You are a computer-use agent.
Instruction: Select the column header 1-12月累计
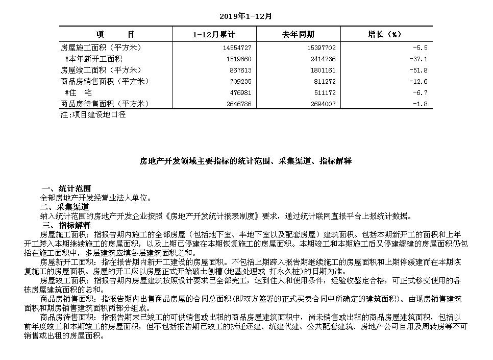[x=214, y=35]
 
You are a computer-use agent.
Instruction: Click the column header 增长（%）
[x=385, y=35]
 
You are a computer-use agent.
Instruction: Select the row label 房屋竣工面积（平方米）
[x=101, y=70]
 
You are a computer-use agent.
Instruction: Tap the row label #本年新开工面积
[x=93, y=59]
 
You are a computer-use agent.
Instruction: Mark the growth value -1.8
[x=421, y=104]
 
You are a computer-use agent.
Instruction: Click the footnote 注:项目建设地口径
[x=93, y=115]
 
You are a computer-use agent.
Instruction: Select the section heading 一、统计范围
[x=65, y=188]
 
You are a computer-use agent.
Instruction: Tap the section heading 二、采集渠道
[x=65, y=207]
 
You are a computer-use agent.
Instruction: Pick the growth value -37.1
[x=418, y=59]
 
